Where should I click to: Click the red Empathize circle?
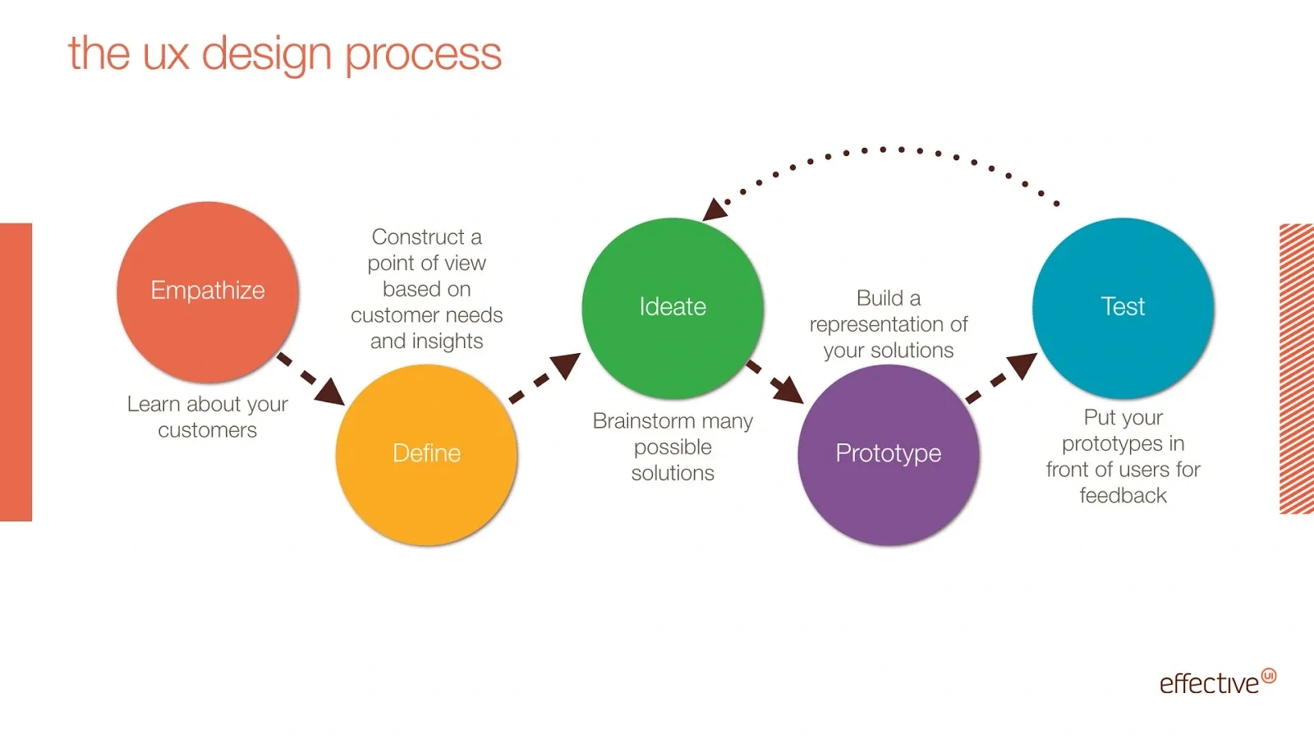point(208,291)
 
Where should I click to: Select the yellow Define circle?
point(426,454)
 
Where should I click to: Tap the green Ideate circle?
point(673,307)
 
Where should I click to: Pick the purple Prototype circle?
point(889,454)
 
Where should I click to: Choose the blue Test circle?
point(1123,307)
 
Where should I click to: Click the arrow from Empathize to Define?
point(312,380)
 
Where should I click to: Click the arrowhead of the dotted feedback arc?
point(714,210)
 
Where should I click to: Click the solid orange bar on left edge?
point(16,372)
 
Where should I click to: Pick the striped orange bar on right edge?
point(1297,369)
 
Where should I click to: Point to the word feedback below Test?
point(1123,496)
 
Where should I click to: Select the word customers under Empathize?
point(208,430)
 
